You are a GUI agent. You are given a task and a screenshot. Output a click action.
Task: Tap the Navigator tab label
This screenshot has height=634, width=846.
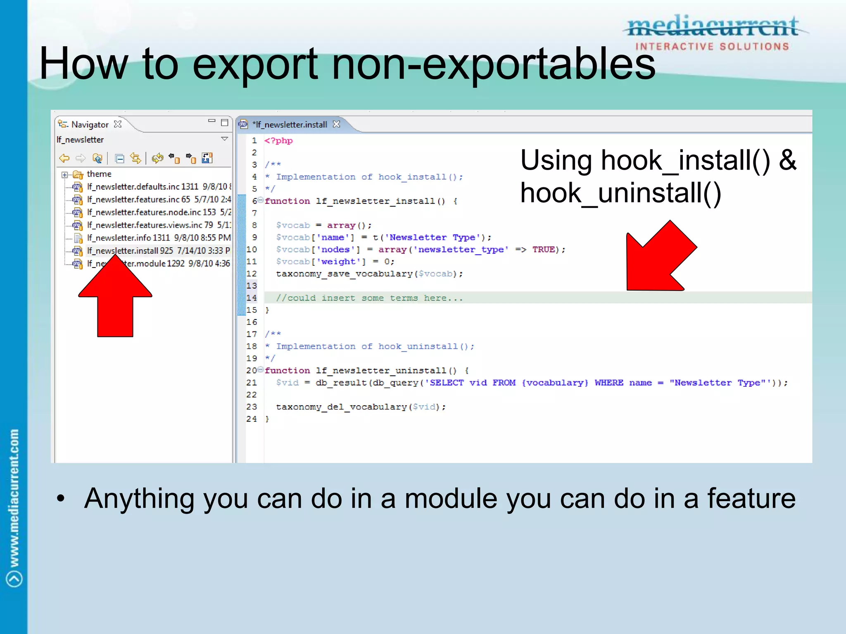pyautogui.click(x=90, y=125)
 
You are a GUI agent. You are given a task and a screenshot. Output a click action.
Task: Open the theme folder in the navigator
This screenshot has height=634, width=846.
pyautogui.click(x=99, y=174)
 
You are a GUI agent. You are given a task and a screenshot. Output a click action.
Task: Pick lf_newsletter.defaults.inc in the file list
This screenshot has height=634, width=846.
pyautogui.click(x=143, y=187)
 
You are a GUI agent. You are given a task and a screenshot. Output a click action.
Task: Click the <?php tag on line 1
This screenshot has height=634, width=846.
pyautogui.click(x=278, y=141)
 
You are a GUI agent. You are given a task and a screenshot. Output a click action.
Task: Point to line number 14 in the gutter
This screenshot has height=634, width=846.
pyautogui.click(x=252, y=298)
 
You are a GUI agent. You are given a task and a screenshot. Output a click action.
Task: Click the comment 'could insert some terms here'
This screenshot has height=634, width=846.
pyautogui.click(x=370, y=298)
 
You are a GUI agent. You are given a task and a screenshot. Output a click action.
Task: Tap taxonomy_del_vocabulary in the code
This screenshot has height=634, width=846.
pyautogui.click(x=342, y=407)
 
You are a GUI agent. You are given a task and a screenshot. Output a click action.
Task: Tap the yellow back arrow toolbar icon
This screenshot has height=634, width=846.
pyautogui.click(x=64, y=158)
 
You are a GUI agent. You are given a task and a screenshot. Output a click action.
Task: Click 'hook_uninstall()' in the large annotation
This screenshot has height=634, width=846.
pyautogui.click(x=620, y=193)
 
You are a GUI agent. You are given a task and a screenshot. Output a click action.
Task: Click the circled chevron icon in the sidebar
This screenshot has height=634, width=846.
pyautogui.click(x=14, y=579)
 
